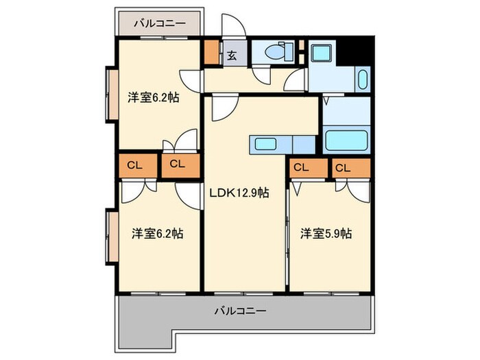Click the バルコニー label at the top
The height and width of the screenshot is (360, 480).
159,23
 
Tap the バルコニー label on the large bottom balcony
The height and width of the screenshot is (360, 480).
240,310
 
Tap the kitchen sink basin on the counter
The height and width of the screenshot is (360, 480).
265,144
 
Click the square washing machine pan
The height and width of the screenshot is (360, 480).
320,53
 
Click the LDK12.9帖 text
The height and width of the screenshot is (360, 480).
239,193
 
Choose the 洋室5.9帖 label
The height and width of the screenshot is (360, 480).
326,234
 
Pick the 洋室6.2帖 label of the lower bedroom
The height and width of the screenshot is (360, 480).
157,234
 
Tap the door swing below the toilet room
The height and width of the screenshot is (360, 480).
261,75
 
